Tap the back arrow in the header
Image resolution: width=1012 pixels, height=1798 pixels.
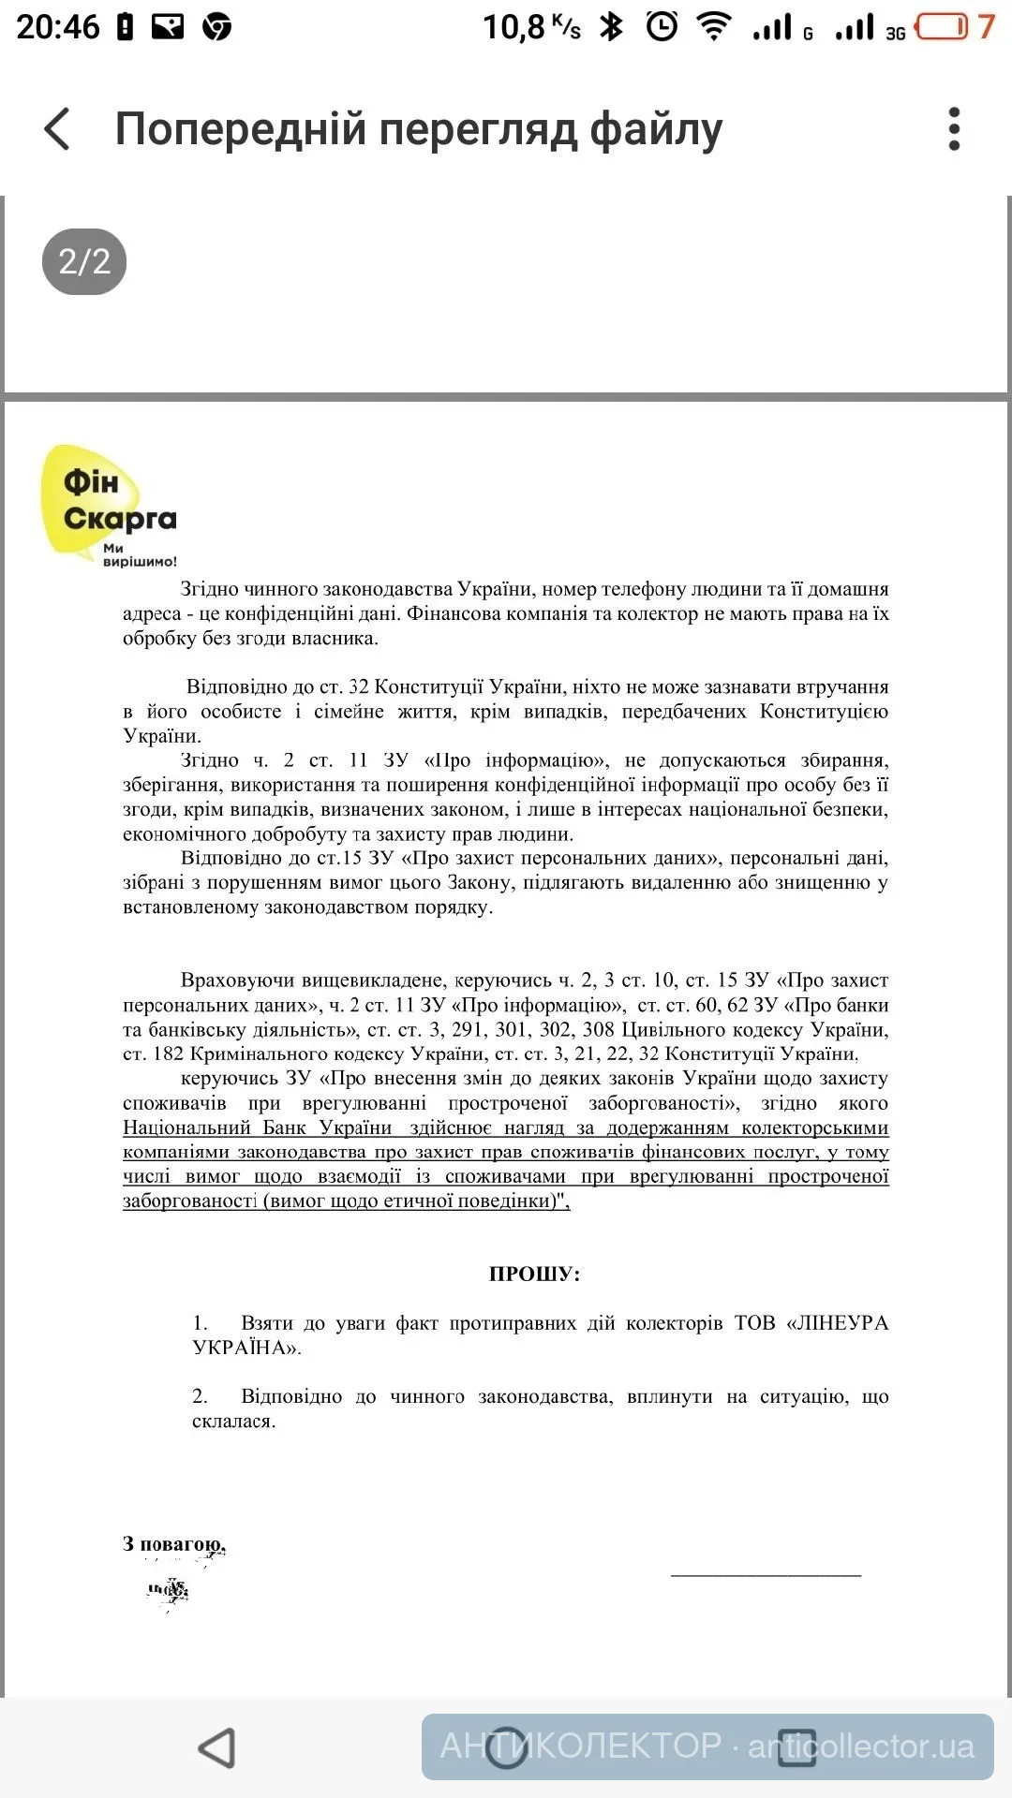57,129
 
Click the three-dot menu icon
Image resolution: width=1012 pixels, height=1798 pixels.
954,129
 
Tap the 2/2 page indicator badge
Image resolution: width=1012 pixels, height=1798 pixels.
84,261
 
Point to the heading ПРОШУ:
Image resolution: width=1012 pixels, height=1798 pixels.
534,1274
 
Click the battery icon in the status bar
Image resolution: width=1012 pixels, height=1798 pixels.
942,26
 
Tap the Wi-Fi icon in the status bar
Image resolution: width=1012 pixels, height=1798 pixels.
714,26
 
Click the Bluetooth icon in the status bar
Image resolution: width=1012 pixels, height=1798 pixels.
612,26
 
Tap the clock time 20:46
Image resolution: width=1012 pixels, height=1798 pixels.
58,26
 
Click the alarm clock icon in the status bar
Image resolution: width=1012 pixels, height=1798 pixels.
662,26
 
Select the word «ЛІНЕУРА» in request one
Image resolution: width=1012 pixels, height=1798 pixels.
840,1323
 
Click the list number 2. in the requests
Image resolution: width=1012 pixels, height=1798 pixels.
201,1396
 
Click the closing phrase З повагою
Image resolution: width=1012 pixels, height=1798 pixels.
174,1543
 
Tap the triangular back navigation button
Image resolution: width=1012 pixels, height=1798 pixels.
217,1747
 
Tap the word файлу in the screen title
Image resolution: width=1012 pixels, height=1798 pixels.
656,129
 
